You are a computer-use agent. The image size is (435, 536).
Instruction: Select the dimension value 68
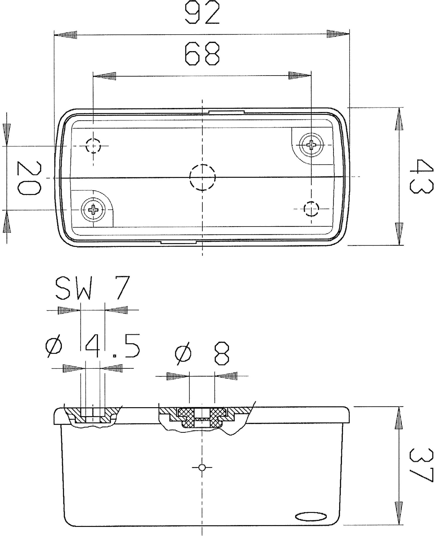202,54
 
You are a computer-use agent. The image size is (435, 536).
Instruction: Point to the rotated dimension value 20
28,178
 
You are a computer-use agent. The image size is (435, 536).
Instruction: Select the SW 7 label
92,288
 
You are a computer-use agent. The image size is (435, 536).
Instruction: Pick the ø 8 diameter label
202,353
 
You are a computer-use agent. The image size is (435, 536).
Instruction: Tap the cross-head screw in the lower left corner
93,209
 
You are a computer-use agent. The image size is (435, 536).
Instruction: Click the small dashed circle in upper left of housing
93,146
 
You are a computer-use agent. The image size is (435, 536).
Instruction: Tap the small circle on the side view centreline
202,467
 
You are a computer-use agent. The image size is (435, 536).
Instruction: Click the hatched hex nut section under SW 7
93,416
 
